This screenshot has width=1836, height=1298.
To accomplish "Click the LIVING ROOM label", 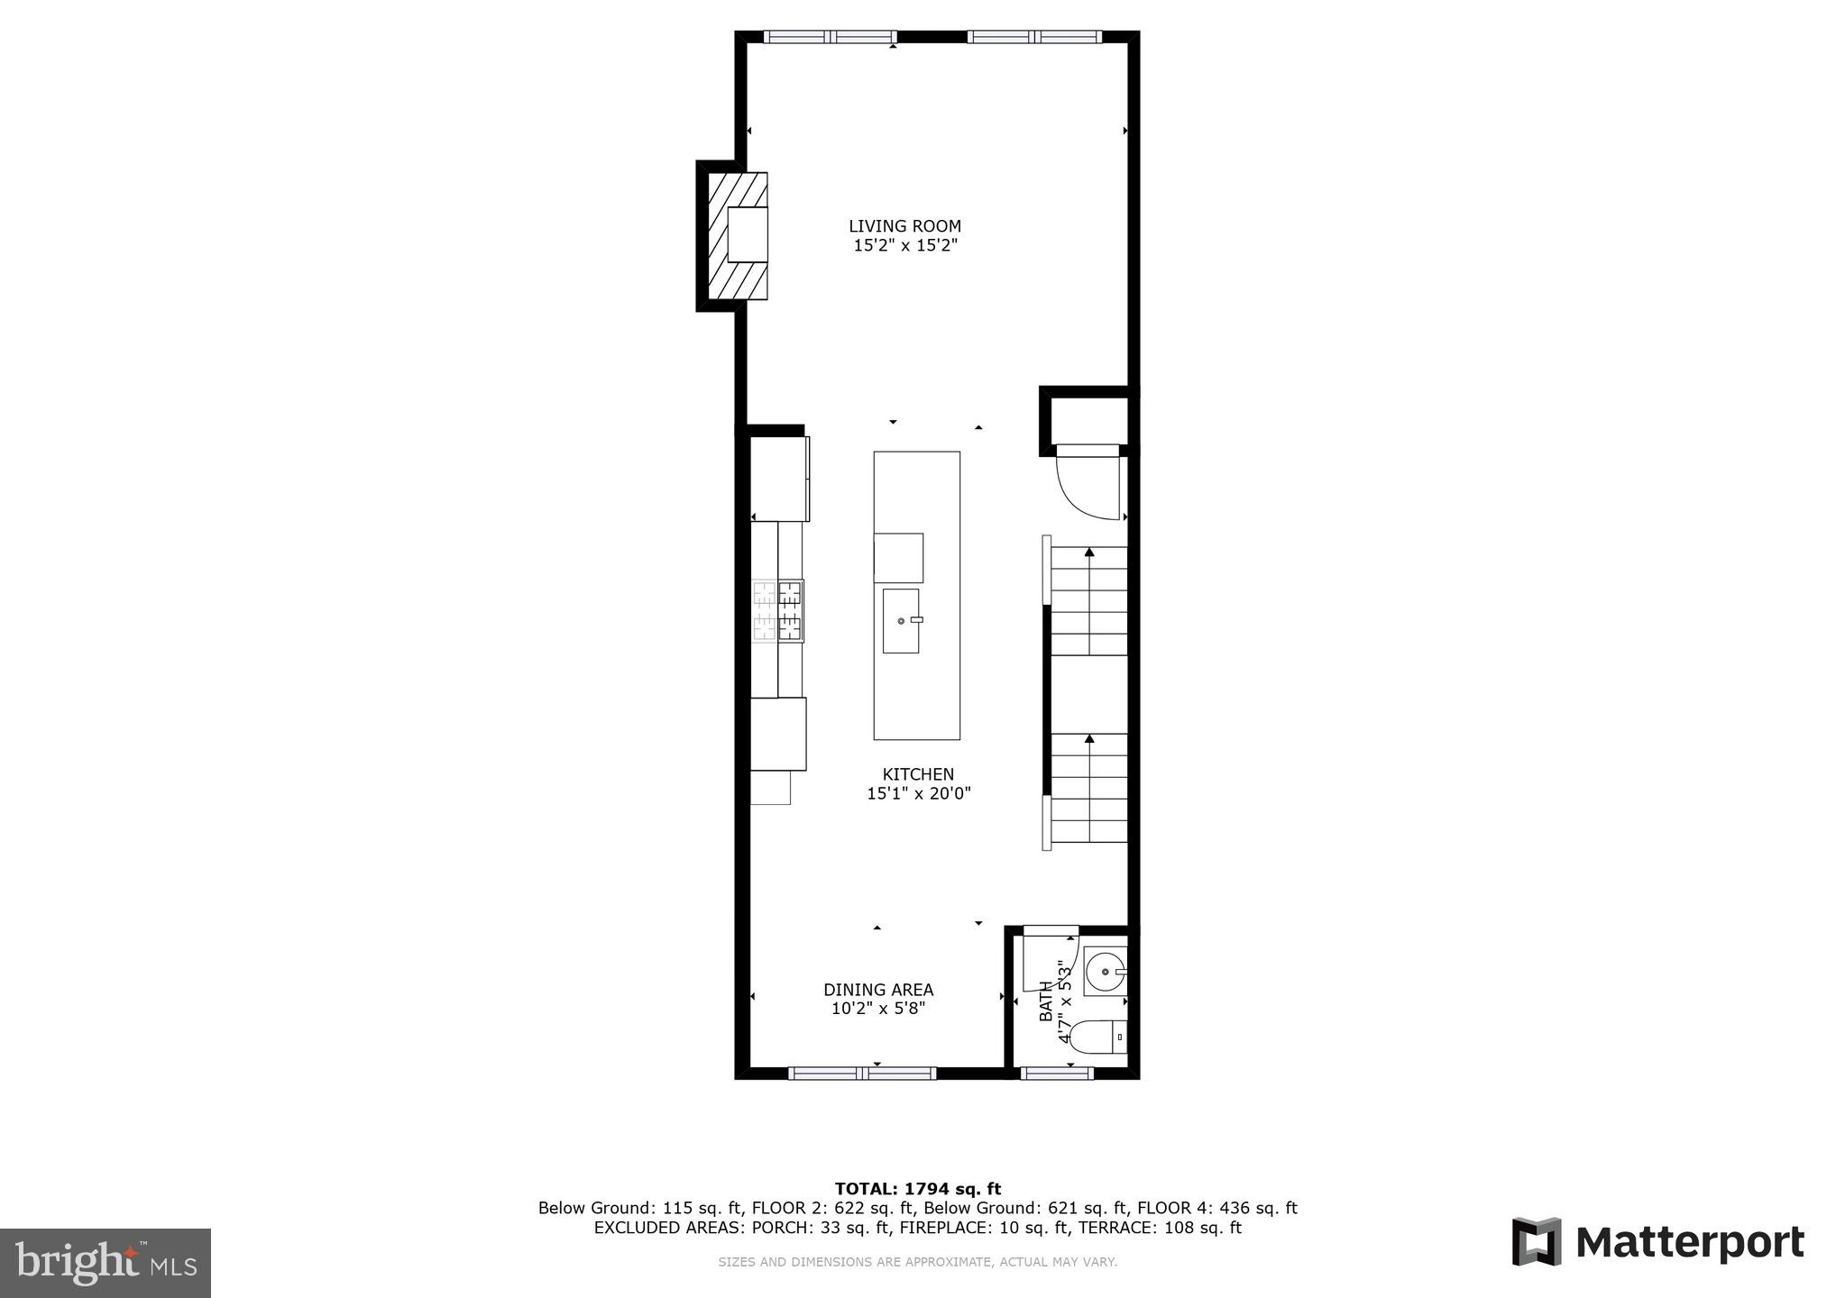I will [904, 226].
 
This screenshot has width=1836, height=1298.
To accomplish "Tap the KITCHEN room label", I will [918, 774].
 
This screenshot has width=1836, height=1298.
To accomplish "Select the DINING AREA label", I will [878, 990].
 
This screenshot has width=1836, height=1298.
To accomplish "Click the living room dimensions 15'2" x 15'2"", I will [904, 245].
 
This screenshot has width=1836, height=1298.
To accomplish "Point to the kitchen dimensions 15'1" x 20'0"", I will [918, 794].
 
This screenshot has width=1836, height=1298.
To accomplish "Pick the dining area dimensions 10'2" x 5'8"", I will [878, 1009].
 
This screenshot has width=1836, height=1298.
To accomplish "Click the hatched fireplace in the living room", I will [735, 236].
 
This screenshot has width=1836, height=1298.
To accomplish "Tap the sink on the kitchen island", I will [900, 621].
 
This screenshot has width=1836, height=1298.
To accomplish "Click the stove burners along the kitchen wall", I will [778, 610].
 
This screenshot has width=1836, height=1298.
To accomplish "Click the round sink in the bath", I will [1105, 973].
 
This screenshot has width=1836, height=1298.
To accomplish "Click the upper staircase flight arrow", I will [1089, 553].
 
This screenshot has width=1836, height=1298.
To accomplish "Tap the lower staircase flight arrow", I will [1089, 740].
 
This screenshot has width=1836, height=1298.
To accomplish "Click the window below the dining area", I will [862, 1073].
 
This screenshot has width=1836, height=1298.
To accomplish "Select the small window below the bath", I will [1057, 1073].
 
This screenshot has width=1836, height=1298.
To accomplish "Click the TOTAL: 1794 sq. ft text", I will [917, 1189].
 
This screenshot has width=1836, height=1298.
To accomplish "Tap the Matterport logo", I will [1657, 1242].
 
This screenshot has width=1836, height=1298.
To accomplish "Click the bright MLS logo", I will [106, 1263].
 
